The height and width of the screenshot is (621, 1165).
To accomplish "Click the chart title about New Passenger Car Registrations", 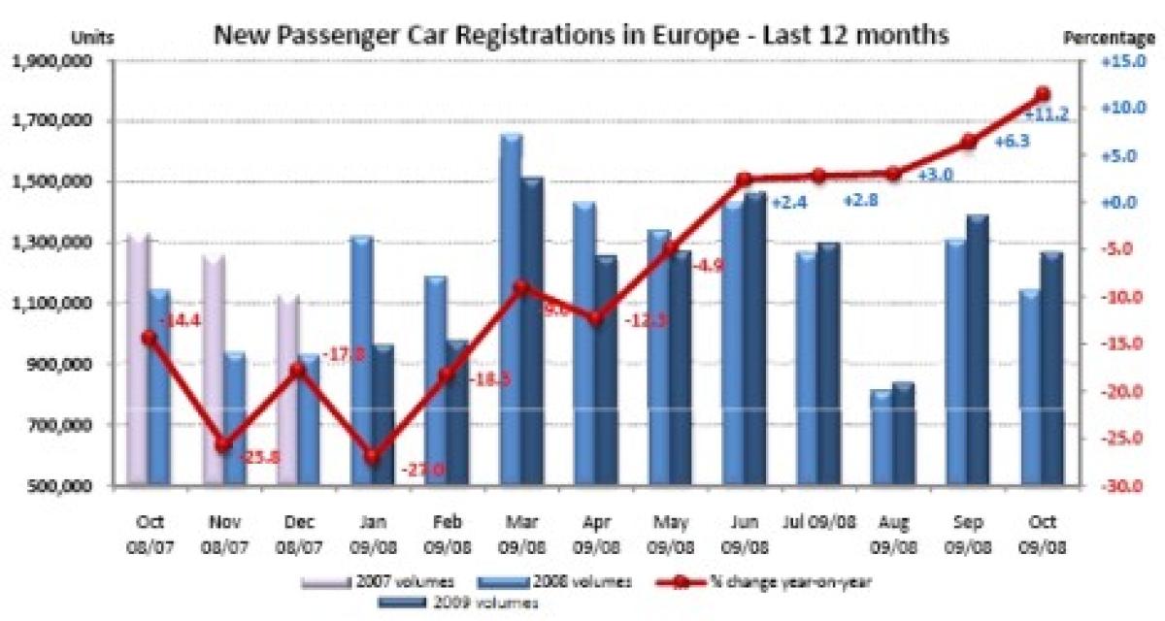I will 581,36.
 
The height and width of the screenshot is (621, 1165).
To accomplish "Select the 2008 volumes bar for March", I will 512,310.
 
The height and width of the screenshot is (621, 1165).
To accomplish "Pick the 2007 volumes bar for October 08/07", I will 139,359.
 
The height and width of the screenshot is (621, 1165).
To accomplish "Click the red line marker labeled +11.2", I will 1043,94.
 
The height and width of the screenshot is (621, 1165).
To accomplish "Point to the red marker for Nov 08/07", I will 224,444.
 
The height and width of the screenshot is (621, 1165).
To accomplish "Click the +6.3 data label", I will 1012,142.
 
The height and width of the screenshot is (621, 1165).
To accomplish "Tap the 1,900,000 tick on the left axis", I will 64,61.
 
